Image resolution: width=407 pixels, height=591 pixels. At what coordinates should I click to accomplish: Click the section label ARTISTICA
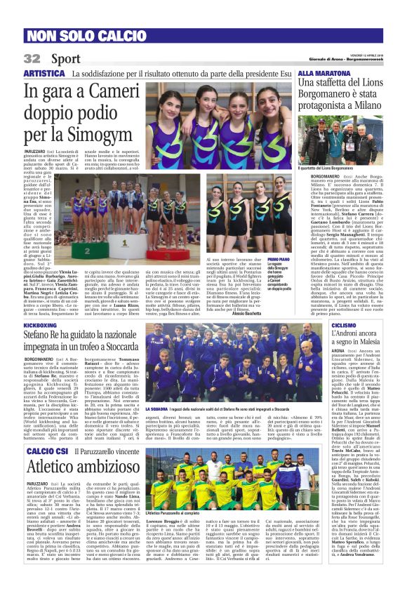(44, 73)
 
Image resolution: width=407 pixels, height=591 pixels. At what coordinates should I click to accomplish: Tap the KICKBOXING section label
(41, 326)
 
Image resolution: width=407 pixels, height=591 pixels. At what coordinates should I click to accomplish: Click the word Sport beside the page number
(65, 58)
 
